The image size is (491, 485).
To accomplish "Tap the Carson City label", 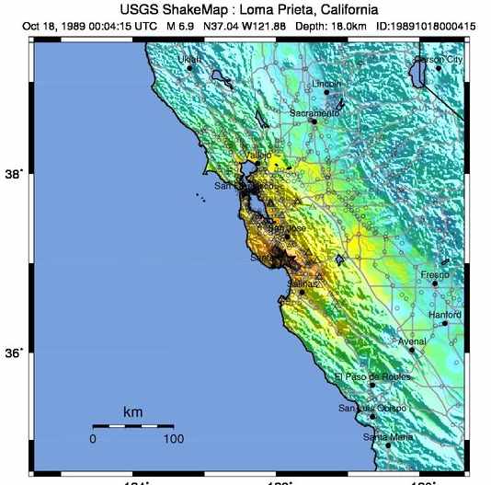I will click(x=439, y=59).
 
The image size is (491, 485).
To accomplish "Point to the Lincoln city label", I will click(x=326, y=84).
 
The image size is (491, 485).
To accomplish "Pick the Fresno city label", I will click(x=435, y=275).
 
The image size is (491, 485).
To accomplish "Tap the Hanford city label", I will click(x=445, y=315).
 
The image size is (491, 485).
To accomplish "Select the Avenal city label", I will click(x=412, y=341).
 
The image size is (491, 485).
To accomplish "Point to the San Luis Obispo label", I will click(x=367, y=408).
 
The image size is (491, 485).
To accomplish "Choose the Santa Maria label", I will click(x=388, y=437).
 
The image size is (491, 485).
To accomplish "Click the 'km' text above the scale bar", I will click(x=132, y=411).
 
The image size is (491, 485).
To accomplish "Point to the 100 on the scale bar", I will click(x=173, y=439).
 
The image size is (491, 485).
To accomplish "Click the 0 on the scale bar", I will click(x=93, y=439).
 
